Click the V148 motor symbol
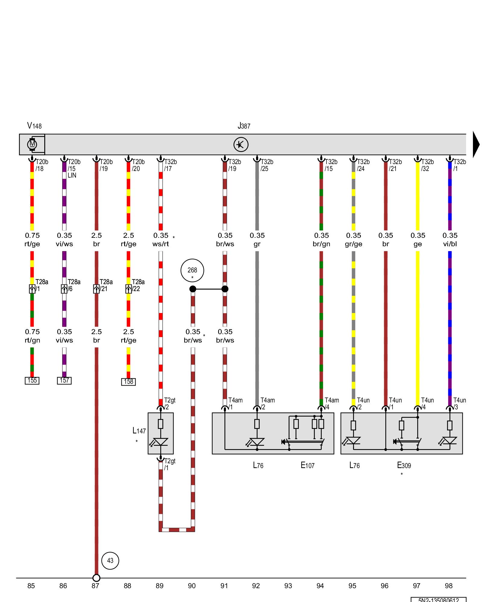[32, 144]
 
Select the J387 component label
[244, 126]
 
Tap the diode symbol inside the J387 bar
[241, 144]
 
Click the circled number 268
[192, 270]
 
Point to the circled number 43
[110, 560]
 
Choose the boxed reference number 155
[32, 380]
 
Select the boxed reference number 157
[64, 380]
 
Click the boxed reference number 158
[128, 382]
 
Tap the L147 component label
[139, 431]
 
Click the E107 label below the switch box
[308, 465]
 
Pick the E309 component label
[404, 465]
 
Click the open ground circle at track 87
[96, 578]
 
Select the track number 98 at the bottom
[449, 586]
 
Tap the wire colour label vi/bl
[450, 244]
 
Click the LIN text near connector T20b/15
[72, 175]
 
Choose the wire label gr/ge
[353, 244]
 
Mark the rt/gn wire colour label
[32, 340]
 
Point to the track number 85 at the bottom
[31, 586]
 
